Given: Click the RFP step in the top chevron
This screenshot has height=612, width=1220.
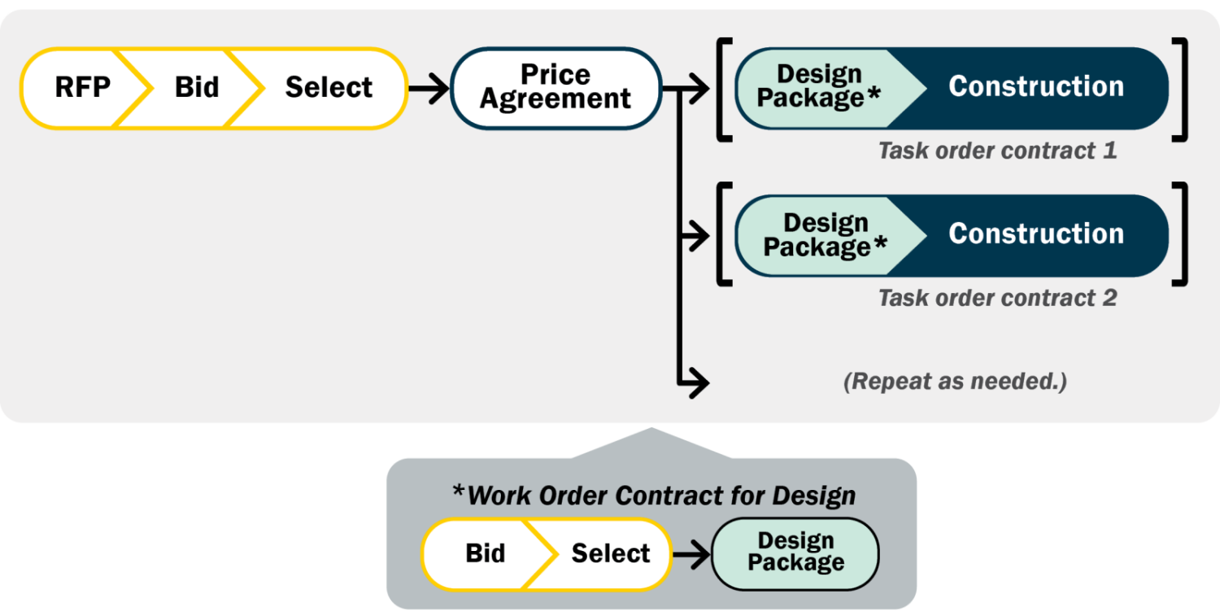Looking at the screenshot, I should [x=82, y=87].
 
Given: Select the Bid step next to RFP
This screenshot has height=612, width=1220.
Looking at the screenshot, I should [x=197, y=87].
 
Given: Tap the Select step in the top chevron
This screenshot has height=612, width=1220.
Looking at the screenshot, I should [x=329, y=87].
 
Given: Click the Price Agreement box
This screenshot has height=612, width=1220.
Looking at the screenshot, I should [x=556, y=87].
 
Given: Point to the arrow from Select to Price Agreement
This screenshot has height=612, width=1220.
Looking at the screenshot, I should [x=428, y=88].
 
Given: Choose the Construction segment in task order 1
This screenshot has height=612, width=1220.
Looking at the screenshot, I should [x=1036, y=87].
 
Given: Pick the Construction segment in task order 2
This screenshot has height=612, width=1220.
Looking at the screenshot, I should [x=1036, y=234].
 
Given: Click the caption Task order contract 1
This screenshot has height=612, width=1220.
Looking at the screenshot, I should [x=997, y=151].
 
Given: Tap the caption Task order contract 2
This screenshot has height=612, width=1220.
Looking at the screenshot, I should [x=997, y=298].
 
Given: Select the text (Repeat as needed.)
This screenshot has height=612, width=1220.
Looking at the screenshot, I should [x=955, y=381].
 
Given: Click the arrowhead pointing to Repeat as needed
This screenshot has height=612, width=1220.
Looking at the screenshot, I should [x=698, y=381].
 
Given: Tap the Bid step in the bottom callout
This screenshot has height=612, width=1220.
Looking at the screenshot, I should [x=486, y=553].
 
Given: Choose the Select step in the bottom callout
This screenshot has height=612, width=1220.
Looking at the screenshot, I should [x=611, y=553].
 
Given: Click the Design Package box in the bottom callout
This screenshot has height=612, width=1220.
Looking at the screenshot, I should [x=795, y=553].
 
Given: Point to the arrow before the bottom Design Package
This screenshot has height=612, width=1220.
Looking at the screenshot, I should [x=691, y=554].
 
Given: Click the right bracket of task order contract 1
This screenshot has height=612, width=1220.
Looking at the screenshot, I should [x=1181, y=87].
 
